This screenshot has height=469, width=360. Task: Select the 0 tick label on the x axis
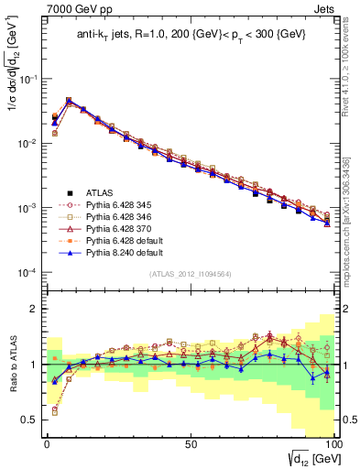pyautogui.click(x=47, y=443)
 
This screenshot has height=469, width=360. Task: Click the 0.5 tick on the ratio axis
pyautogui.click(x=31, y=420)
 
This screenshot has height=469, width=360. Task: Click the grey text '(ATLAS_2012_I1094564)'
pyautogui.click(x=191, y=274)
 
